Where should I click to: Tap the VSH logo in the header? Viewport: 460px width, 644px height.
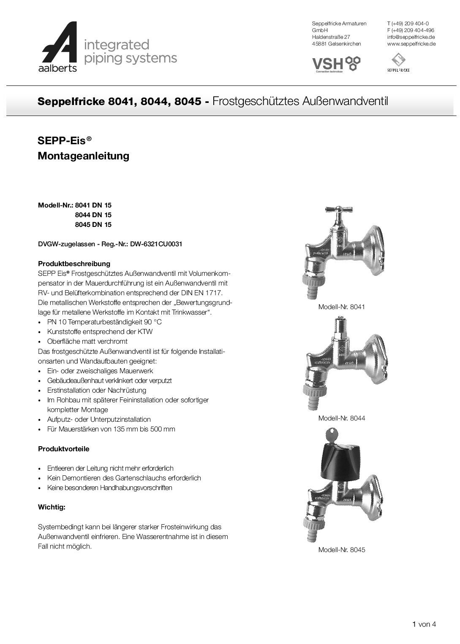336,64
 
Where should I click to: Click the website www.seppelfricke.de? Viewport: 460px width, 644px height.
411,44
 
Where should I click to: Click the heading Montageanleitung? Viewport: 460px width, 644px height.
83,156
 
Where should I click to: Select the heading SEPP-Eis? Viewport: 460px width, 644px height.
64,140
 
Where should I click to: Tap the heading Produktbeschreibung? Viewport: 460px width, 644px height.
74,264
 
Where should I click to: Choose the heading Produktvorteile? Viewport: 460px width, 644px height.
63,449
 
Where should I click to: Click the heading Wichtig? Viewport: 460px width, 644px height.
52,507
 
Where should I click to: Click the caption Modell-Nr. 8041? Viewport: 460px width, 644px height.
341,307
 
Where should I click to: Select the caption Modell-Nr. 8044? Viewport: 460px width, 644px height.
341,418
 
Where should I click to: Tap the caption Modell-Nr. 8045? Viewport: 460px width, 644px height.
341,550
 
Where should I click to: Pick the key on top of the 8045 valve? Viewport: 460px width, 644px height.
332,435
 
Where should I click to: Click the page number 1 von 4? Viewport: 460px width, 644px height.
424,625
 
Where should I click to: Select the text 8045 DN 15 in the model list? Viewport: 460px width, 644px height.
93,225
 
